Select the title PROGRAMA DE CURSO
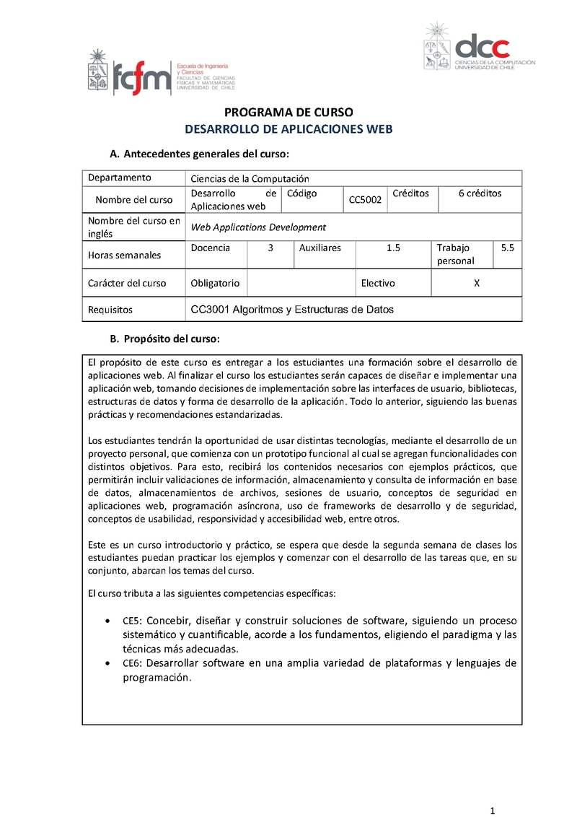click(x=288, y=113)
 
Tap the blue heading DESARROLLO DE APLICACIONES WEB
click(x=288, y=129)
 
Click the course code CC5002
click(x=365, y=200)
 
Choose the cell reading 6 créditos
click(x=480, y=193)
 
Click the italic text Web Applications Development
click(x=258, y=227)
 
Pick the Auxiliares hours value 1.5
click(x=393, y=248)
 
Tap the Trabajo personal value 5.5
click(x=507, y=248)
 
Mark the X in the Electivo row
click(x=476, y=284)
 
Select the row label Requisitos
click(x=110, y=310)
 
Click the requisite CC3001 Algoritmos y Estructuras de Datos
click(x=292, y=310)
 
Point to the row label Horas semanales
click(x=124, y=255)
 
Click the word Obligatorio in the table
click(x=215, y=284)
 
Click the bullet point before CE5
click(x=107, y=621)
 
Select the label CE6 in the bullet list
click(x=131, y=663)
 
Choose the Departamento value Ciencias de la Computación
click(x=250, y=178)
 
